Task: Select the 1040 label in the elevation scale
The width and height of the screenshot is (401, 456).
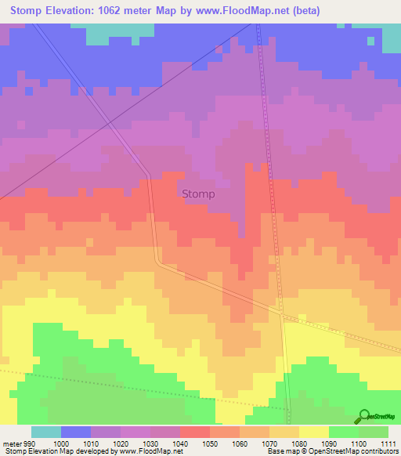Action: click(179, 443)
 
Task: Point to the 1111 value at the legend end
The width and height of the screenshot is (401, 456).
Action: click(388, 443)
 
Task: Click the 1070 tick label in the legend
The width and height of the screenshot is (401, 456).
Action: click(269, 443)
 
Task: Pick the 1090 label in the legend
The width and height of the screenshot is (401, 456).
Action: click(328, 443)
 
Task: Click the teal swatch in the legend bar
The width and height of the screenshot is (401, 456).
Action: click(46, 432)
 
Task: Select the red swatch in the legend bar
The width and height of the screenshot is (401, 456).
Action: click(195, 432)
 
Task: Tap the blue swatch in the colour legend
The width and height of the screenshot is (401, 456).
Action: click(76, 432)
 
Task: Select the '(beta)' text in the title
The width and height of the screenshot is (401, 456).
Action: click(301, 10)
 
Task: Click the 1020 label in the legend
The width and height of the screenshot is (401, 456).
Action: click(121, 443)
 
